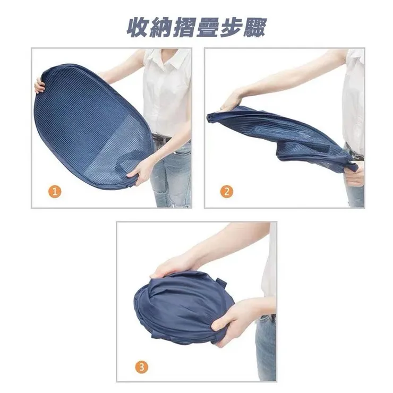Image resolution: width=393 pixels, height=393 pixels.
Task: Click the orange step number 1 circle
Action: tap(55, 192)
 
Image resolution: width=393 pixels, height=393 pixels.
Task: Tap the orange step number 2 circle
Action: tap(227, 192)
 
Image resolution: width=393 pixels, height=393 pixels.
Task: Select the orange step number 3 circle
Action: tap(142, 368)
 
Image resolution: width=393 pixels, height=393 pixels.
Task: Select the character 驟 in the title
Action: tap(254, 28)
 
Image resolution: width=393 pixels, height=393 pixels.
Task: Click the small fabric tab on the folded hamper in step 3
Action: tap(222, 283)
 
